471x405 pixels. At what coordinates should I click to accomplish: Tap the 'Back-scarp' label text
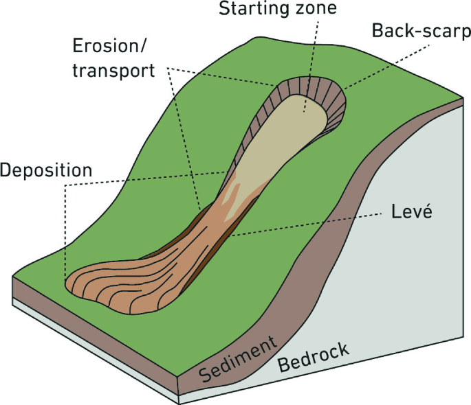pyautogui.click(x=420, y=31)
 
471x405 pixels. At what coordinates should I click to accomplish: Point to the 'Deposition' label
pyautogui.click(x=46, y=170)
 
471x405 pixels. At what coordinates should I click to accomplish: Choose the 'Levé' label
pyautogui.click(x=410, y=212)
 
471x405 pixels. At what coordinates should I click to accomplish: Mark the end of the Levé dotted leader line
pyautogui.click(x=230, y=235)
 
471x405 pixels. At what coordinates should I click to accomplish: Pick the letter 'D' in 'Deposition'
pyautogui.click(x=6, y=170)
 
